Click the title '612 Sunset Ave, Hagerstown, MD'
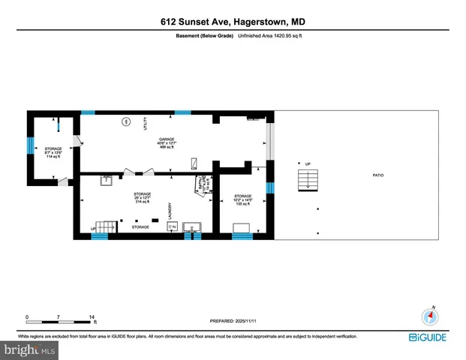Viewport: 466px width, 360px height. [x=233, y=23]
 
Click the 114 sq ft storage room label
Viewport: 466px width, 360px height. [x=53, y=152]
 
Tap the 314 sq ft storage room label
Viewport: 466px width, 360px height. [x=143, y=197]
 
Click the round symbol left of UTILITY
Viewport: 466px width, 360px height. [x=126, y=121]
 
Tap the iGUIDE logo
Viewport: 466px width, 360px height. [x=428, y=337]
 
